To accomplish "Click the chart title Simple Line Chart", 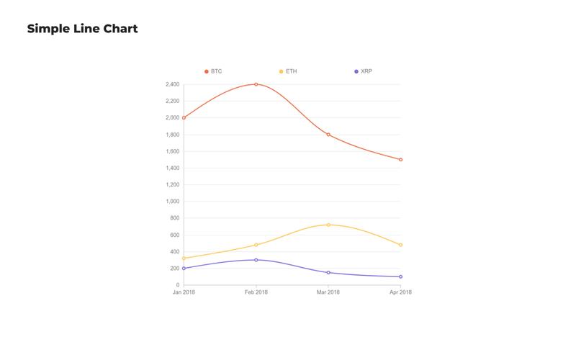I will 82,29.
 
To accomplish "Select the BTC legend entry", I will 213,71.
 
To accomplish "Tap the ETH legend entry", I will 287,71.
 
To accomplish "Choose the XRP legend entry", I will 363,71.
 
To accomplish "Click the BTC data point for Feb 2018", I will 256,84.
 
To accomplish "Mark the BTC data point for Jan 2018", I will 184,117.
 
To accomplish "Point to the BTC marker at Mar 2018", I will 328,135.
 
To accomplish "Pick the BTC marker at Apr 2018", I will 400,160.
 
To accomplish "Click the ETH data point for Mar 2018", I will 328,225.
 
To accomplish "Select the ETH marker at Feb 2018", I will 256,245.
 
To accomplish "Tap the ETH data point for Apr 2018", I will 400,245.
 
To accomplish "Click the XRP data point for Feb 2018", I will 256,260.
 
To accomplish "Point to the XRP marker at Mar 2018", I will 328,272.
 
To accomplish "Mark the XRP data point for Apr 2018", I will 400,276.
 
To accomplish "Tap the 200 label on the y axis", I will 174,269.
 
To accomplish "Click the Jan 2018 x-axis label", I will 184,292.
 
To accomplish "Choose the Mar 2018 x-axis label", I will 328,292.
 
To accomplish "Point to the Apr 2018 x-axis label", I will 400,292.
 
